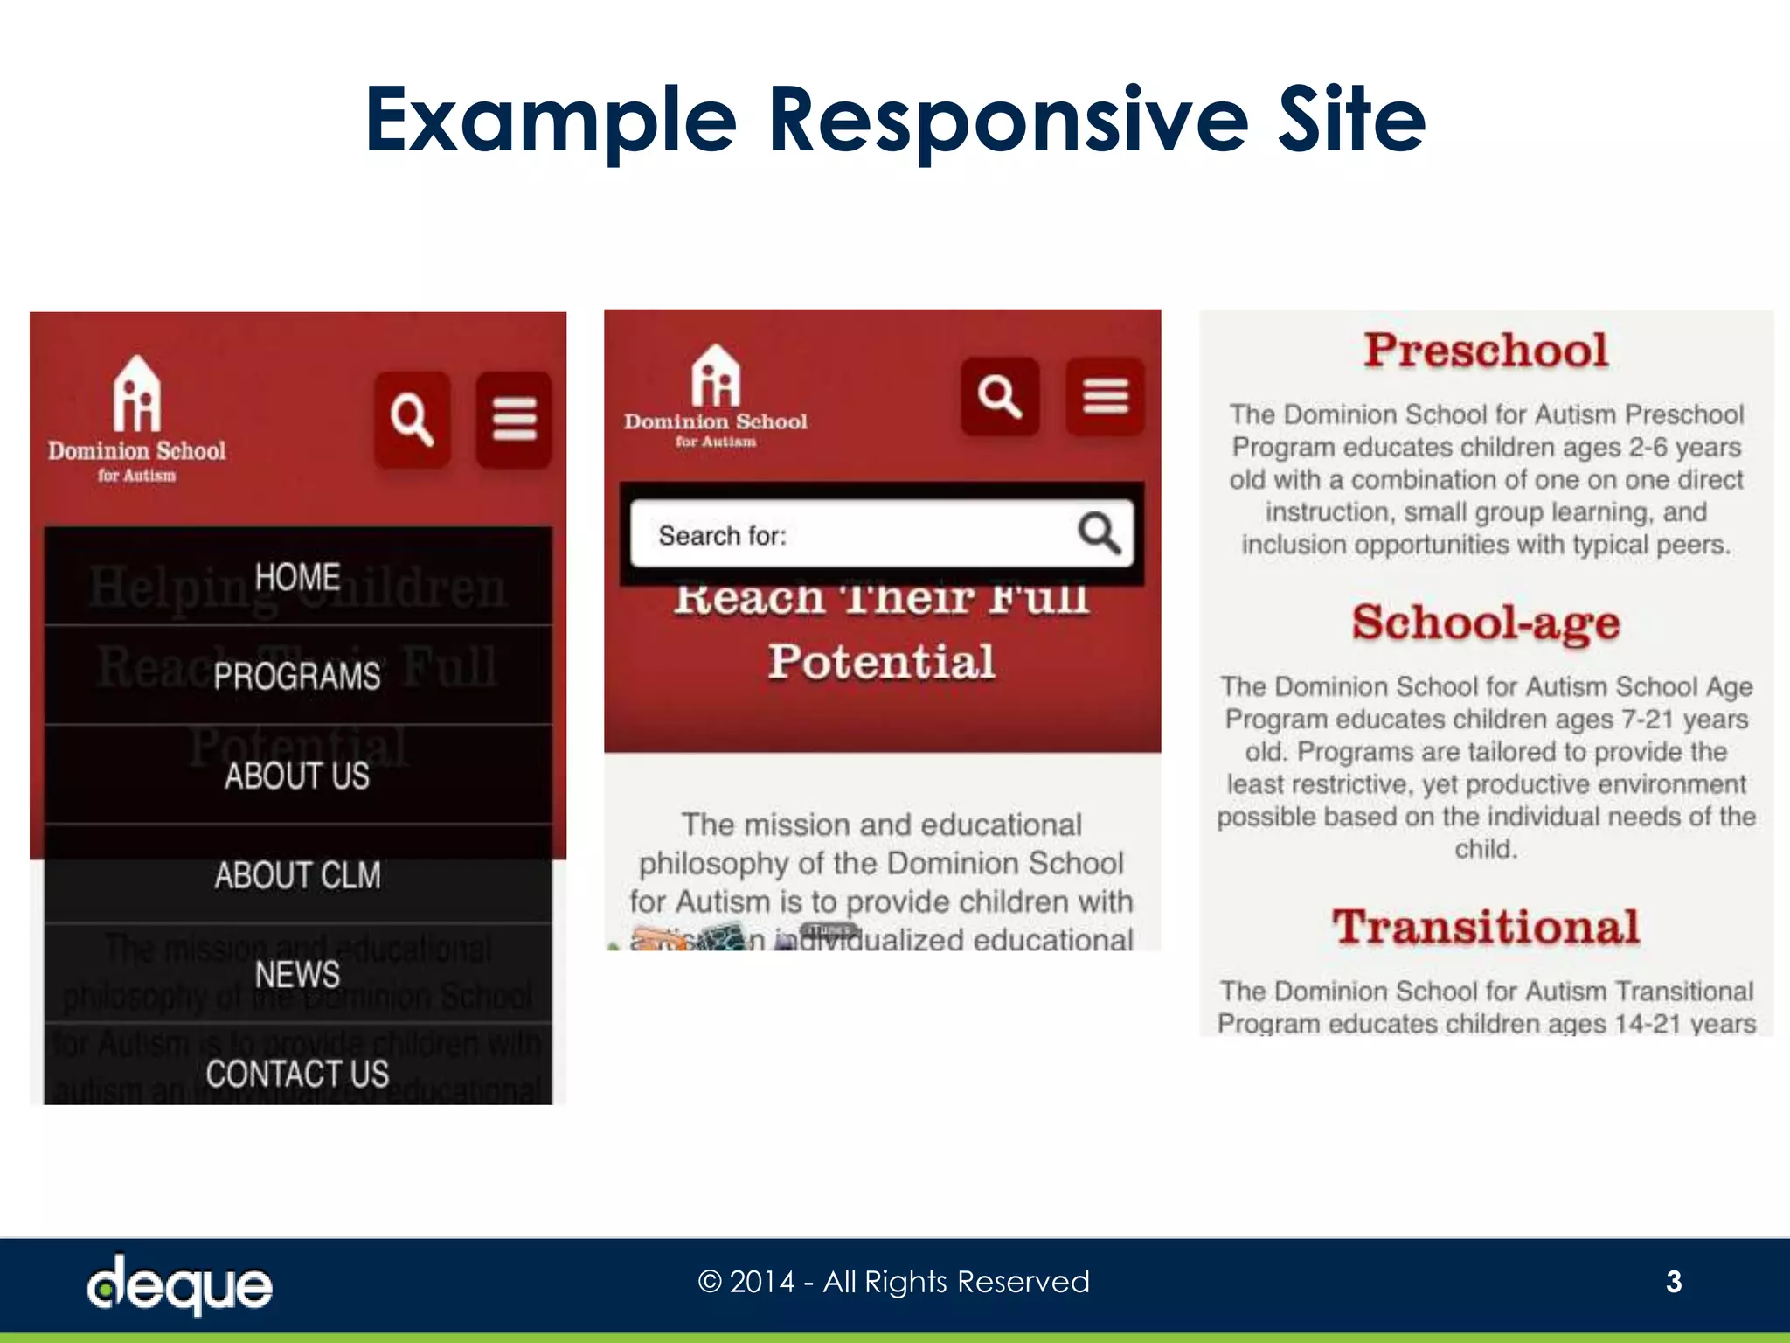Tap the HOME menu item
(x=298, y=577)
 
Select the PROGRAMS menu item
(x=298, y=676)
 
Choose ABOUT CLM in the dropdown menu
(x=298, y=875)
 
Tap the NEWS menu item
(x=298, y=974)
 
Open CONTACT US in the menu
(x=298, y=1074)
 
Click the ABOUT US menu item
(x=298, y=776)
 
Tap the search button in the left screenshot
(x=413, y=419)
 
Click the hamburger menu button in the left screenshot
(x=514, y=419)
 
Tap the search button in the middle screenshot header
(x=1000, y=396)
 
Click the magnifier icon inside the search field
(x=1099, y=533)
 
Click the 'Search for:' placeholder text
(x=723, y=535)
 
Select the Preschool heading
(x=1486, y=351)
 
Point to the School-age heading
(x=1486, y=623)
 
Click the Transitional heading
(x=1486, y=927)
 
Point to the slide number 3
(x=1674, y=1282)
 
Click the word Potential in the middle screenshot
(x=882, y=661)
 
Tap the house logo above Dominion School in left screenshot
(x=137, y=393)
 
